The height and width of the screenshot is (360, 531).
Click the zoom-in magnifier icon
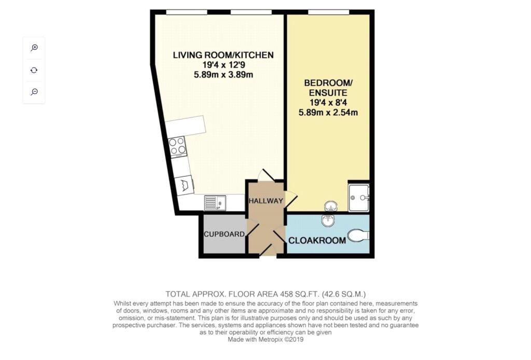pyautogui.click(x=34, y=48)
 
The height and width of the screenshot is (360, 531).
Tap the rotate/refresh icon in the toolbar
pyautogui.click(x=34, y=70)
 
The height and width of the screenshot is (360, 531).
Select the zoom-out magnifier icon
pyautogui.click(x=34, y=92)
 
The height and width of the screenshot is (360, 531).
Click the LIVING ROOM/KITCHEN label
pyautogui.click(x=223, y=55)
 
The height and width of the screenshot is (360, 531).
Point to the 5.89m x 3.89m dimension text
pyautogui.click(x=223, y=75)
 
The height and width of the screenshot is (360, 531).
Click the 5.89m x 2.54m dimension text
pyautogui.click(x=328, y=113)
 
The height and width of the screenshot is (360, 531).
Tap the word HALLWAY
pyautogui.click(x=266, y=201)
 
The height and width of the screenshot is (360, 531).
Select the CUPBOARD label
pyautogui.click(x=224, y=234)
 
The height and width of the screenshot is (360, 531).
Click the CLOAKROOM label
pyautogui.click(x=317, y=241)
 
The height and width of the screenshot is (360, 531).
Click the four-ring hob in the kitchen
pyautogui.click(x=178, y=147)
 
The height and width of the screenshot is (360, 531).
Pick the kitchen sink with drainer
pyautogui.click(x=215, y=203)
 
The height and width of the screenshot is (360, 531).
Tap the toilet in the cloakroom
pyautogui.click(x=358, y=236)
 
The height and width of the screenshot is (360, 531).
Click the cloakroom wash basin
pyautogui.click(x=328, y=220)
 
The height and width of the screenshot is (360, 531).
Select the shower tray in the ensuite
pyautogui.click(x=359, y=198)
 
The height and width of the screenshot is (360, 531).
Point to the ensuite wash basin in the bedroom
pyautogui.click(x=330, y=205)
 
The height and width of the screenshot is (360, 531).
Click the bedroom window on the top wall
pyautogui.click(x=328, y=12)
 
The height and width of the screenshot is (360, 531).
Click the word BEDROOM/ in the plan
pyautogui.click(x=328, y=83)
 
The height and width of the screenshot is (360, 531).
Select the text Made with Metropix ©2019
pyautogui.click(x=265, y=339)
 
